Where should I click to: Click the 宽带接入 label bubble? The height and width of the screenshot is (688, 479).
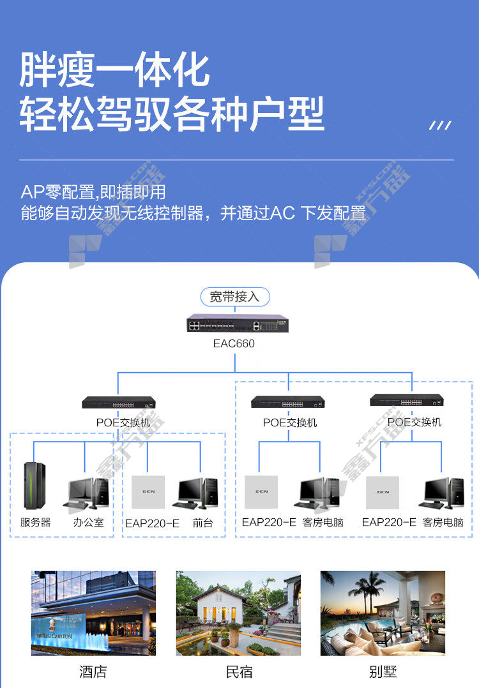[x=235, y=297]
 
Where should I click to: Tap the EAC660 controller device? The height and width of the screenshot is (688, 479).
[x=238, y=324]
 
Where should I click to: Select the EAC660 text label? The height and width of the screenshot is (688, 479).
[x=234, y=343]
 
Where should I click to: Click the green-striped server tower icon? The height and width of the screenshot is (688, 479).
[x=34, y=486]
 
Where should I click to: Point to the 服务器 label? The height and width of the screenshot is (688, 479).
[x=36, y=522]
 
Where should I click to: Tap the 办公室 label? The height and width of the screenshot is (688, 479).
[x=89, y=522]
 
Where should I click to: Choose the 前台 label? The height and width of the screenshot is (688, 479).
[x=203, y=523]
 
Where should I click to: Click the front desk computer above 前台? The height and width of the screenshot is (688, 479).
[x=196, y=493]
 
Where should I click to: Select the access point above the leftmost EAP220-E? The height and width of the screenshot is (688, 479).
[x=148, y=492]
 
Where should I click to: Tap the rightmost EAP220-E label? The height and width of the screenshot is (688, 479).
[x=389, y=522]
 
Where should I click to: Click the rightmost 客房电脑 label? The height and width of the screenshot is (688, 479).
[x=443, y=522]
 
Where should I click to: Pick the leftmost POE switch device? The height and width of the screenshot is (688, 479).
[x=119, y=402]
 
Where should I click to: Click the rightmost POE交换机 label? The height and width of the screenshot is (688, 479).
[x=414, y=422]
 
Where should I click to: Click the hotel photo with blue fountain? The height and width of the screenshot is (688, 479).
[x=93, y=613]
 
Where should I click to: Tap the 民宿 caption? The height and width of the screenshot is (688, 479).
[x=240, y=672]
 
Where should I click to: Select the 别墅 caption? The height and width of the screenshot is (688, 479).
[x=383, y=672]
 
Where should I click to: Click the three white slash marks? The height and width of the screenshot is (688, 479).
[x=440, y=126]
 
